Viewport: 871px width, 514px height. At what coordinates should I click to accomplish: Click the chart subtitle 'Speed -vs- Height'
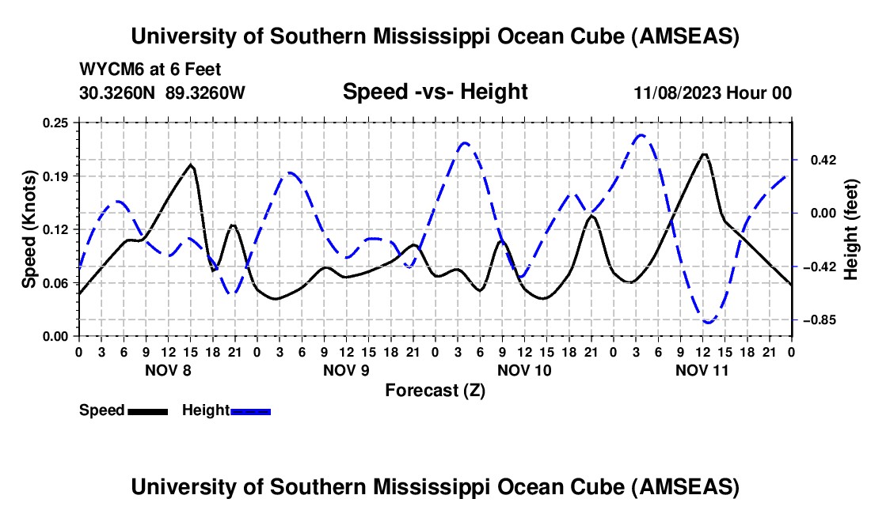click(435, 93)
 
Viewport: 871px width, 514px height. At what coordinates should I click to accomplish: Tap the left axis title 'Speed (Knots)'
click(29, 229)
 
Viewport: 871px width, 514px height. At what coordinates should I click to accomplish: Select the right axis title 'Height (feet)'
click(851, 229)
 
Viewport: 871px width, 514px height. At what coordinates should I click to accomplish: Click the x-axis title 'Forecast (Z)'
click(435, 390)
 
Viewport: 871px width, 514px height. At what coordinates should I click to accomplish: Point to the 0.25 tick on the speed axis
click(56, 123)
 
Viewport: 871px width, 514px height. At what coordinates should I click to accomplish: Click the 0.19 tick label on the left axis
click(56, 176)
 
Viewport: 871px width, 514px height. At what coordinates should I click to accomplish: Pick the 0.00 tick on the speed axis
click(56, 336)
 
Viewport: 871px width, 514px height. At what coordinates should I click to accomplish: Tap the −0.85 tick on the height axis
click(816, 320)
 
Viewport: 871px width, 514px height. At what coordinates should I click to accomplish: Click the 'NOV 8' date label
click(167, 370)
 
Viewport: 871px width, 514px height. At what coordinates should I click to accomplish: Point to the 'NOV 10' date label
click(523, 370)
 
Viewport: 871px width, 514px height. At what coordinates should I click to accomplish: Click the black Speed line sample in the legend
click(146, 410)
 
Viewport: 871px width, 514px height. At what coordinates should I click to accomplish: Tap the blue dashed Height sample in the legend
click(250, 410)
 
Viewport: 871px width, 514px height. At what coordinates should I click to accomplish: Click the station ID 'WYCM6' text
click(109, 69)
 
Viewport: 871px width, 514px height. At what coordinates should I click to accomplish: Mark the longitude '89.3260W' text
click(206, 93)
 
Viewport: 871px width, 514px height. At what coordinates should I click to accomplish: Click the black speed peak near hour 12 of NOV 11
click(703, 154)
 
